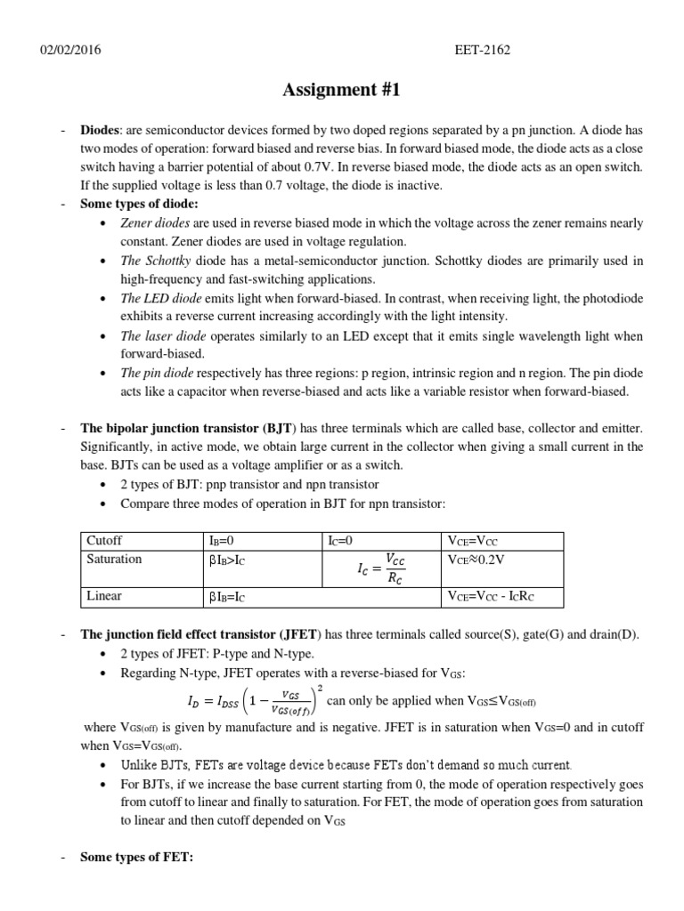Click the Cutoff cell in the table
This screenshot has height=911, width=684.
[x=104, y=540]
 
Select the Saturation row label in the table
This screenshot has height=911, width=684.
[x=114, y=559]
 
